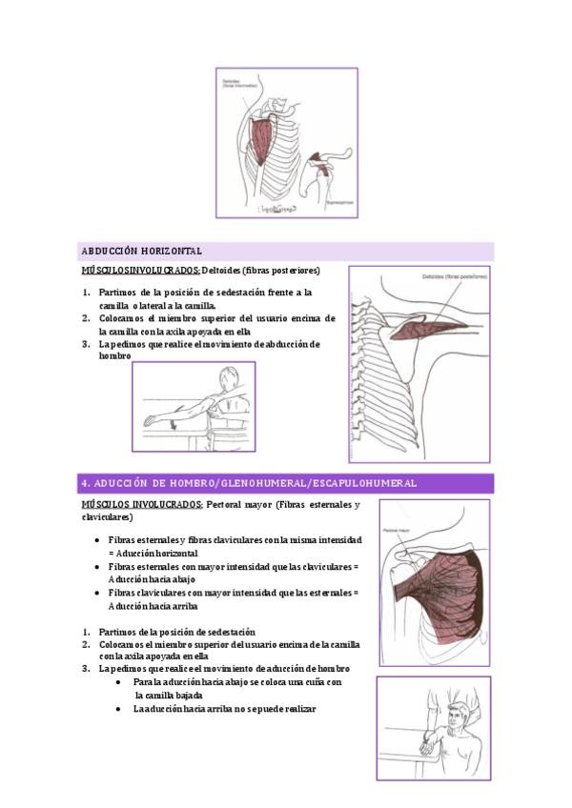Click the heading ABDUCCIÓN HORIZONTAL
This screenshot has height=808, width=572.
click(140, 252)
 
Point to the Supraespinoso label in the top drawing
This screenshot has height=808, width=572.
click(340, 201)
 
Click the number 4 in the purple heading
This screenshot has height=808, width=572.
click(85, 483)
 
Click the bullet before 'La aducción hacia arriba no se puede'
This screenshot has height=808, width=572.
click(118, 709)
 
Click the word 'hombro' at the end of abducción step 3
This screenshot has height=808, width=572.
click(114, 356)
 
